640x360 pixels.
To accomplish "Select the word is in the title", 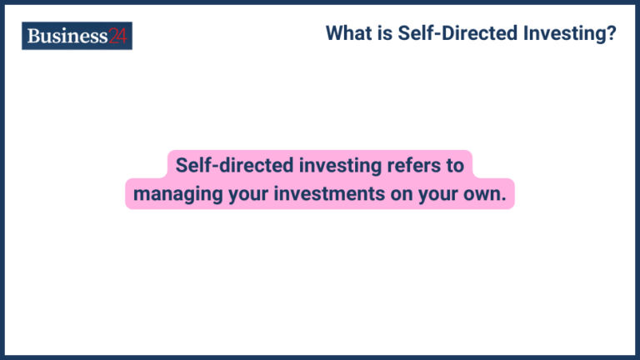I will point(384,34).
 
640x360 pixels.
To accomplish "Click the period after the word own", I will point(503,199).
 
